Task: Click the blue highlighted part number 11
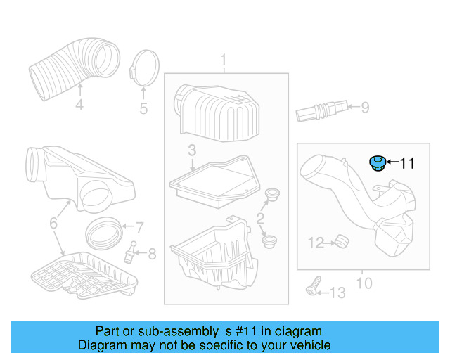tap(378, 164)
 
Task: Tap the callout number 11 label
tap(407, 164)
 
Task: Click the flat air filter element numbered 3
tap(214, 179)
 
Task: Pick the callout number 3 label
tap(191, 150)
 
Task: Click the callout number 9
tap(364, 108)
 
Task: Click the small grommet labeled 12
tap(341, 242)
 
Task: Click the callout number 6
tap(53, 224)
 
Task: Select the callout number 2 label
tap(260, 219)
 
